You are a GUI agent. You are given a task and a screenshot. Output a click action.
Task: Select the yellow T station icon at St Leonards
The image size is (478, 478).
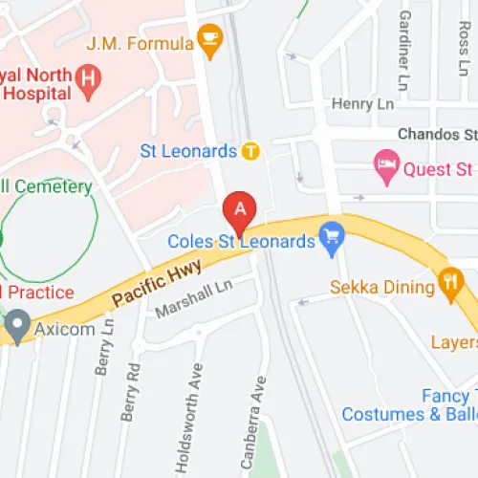pos(250,150)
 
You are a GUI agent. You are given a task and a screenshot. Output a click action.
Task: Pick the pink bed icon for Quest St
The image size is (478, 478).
pos(386,169)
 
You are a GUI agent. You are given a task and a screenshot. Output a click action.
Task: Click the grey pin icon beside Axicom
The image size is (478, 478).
pos(16,327)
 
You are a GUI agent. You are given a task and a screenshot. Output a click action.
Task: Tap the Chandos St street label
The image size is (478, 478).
pos(436,136)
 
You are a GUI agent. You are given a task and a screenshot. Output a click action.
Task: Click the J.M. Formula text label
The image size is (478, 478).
pos(139,42)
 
